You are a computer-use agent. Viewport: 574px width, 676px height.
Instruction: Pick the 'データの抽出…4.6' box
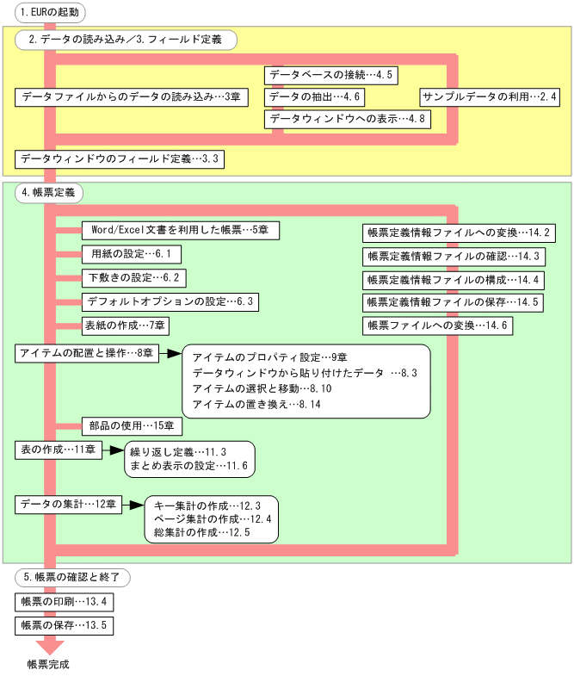[x=316, y=97]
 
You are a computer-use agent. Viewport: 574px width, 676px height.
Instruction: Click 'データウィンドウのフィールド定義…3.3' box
[x=120, y=159]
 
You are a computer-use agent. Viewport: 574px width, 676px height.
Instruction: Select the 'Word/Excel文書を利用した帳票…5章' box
[x=180, y=231]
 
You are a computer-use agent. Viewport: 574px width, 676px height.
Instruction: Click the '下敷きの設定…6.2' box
[x=134, y=278]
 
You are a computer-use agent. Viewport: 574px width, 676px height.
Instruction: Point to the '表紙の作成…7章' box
[x=125, y=326]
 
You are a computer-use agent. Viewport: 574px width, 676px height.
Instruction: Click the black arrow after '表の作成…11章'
[x=113, y=450]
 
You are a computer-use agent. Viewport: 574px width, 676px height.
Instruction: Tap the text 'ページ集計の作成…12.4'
[x=212, y=519]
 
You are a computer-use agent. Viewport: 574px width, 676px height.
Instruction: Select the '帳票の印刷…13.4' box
[x=63, y=601]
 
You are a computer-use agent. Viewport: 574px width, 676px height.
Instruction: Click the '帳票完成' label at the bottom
[x=47, y=664]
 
